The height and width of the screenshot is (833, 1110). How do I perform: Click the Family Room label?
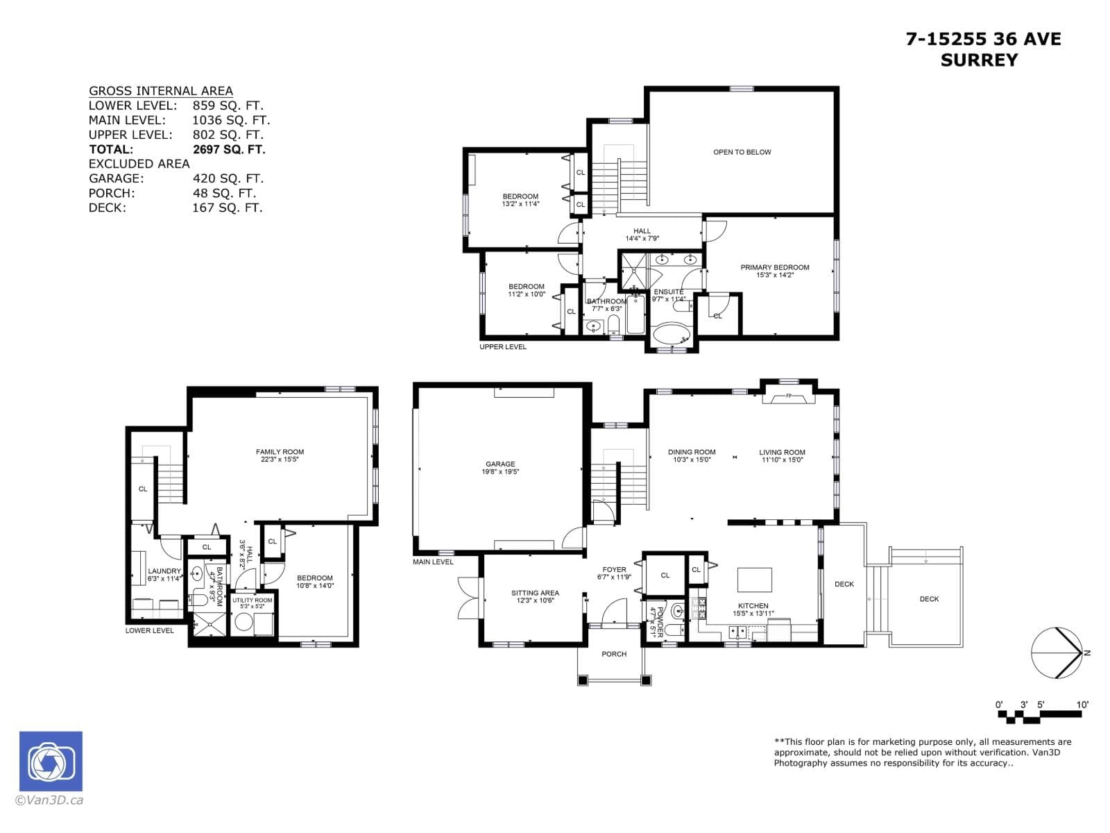(280, 452)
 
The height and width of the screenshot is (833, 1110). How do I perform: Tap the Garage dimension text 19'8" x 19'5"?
(500, 472)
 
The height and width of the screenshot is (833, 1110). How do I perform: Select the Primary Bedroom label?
(774, 267)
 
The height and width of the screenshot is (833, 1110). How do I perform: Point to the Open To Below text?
(742, 152)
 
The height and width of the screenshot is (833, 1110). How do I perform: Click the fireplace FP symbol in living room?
(788, 396)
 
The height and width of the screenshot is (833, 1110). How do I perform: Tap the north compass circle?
(1056, 653)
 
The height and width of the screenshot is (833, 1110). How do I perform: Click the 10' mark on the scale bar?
(1082, 705)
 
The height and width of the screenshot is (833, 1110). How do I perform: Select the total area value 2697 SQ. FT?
(229, 149)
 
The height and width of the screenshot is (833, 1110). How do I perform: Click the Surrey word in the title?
(979, 60)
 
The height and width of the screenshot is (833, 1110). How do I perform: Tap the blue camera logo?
(51, 762)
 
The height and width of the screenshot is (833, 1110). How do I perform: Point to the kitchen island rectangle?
(754, 578)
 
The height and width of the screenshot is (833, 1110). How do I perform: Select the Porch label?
(614, 654)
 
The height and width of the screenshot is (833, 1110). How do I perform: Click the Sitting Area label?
(535, 593)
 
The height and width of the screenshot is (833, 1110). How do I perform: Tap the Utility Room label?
(253, 600)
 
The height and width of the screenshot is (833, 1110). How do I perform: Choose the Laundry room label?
(164, 571)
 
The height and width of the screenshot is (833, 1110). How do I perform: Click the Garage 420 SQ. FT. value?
(228, 178)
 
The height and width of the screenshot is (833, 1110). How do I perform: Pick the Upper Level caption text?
(503, 347)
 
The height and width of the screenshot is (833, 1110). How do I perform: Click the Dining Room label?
(692, 452)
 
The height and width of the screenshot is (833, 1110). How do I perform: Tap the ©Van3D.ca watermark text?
(50, 800)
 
